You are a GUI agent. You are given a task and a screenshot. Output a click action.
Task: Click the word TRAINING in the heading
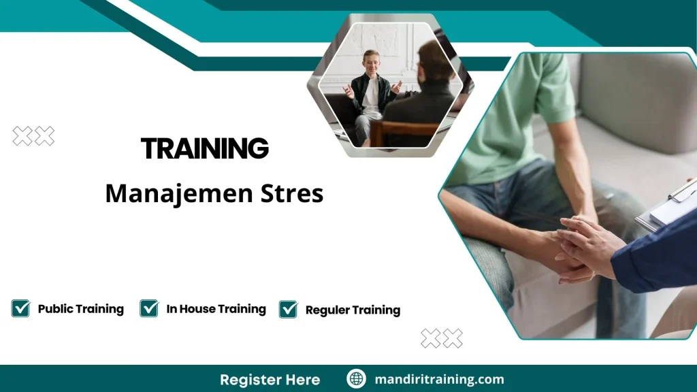point(204,148)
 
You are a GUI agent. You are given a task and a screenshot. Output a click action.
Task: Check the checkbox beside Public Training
point(20,308)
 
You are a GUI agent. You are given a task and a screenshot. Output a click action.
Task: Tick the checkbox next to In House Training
point(149,308)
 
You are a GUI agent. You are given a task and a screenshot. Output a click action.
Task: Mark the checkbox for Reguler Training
point(289,309)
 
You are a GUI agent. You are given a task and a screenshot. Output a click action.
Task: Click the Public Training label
point(80,309)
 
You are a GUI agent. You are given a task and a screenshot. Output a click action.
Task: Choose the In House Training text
point(216,309)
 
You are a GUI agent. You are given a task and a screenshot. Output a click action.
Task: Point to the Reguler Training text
point(353,310)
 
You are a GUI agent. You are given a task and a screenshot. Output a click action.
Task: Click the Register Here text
point(270,379)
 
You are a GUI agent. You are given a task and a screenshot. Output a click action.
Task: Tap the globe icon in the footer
point(356,379)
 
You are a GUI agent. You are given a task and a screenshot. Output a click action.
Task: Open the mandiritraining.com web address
point(439,379)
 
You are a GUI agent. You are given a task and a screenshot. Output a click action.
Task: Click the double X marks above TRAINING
point(33,136)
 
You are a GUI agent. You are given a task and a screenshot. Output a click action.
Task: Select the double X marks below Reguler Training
point(442,338)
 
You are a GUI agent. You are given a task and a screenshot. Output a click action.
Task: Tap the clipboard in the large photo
point(670,204)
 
